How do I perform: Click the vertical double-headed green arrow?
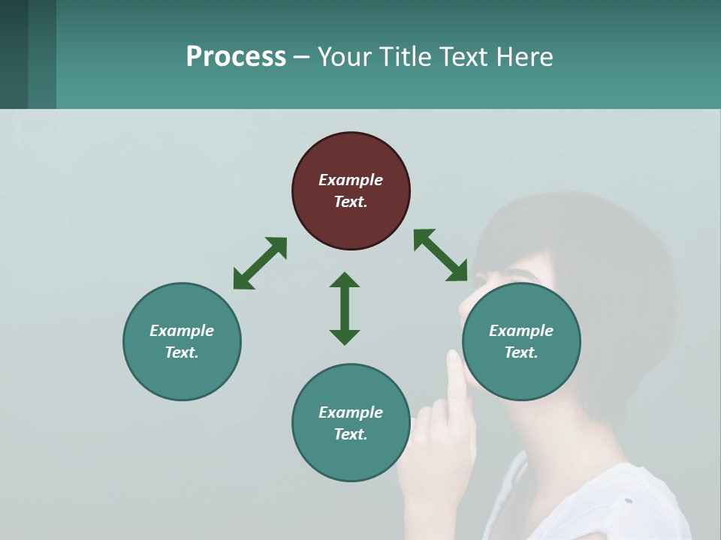pyautogui.click(x=345, y=308)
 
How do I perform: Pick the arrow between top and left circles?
pyautogui.click(x=260, y=263)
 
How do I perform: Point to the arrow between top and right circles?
pyautogui.click(x=441, y=256)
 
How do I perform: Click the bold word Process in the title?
pyautogui.click(x=236, y=56)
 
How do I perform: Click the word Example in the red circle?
pyautogui.click(x=351, y=180)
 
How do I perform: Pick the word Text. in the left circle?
pyautogui.click(x=182, y=352)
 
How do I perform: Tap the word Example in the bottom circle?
pyautogui.click(x=351, y=412)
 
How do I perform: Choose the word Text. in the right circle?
pyautogui.click(x=521, y=352)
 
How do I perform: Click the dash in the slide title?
pyautogui.click(x=301, y=57)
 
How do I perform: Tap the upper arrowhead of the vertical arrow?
pyautogui.click(x=345, y=280)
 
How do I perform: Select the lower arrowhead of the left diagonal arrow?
pyautogui.click(x=242, y=280)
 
